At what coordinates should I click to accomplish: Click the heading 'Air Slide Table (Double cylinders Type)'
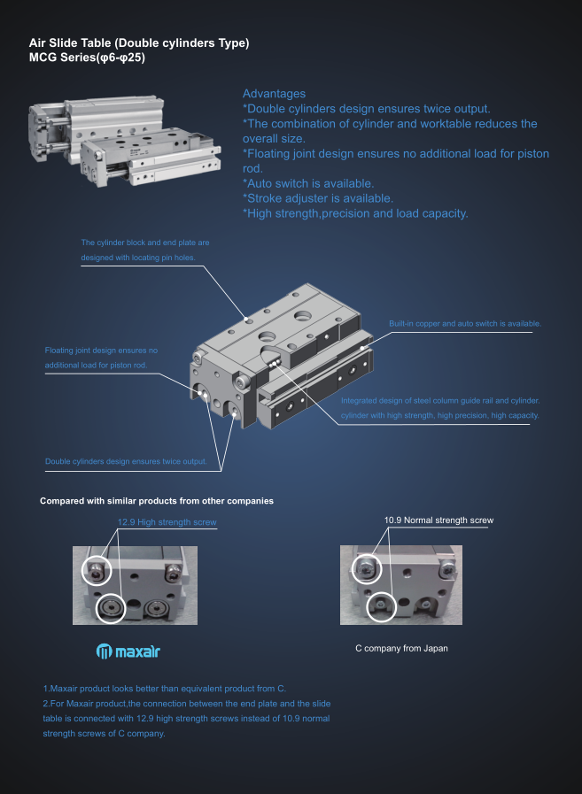pos(139,43)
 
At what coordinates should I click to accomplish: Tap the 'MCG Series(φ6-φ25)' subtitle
pos(87,58)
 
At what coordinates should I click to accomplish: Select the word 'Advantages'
pos(274,94)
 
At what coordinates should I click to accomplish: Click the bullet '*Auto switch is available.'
pos(308,183)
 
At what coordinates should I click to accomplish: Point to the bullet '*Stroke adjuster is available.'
pos(318,198)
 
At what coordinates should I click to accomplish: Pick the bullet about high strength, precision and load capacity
pos(355,213)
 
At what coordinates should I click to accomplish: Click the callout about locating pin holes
pos(145,251)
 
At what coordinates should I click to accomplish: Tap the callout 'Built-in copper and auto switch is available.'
pos(465,324)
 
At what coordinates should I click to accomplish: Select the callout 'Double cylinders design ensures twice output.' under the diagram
pos(126,461)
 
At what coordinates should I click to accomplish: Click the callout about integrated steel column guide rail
pos(440,408)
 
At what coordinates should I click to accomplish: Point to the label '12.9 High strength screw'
pos(167,522)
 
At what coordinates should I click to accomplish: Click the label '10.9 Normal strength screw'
pos(438,520)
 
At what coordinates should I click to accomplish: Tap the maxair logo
pos(128,651)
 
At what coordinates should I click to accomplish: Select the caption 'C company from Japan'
pos(401,648)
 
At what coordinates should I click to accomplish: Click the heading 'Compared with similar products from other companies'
pos(157,501)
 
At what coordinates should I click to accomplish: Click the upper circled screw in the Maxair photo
pos(97,571)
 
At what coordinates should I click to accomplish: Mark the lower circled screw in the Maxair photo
pos(110,608)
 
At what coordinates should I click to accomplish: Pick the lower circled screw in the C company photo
pos(380,606)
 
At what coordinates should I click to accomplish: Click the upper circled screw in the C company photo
pos(367,569)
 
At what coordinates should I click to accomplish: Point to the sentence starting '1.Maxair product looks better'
pos(164,689)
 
